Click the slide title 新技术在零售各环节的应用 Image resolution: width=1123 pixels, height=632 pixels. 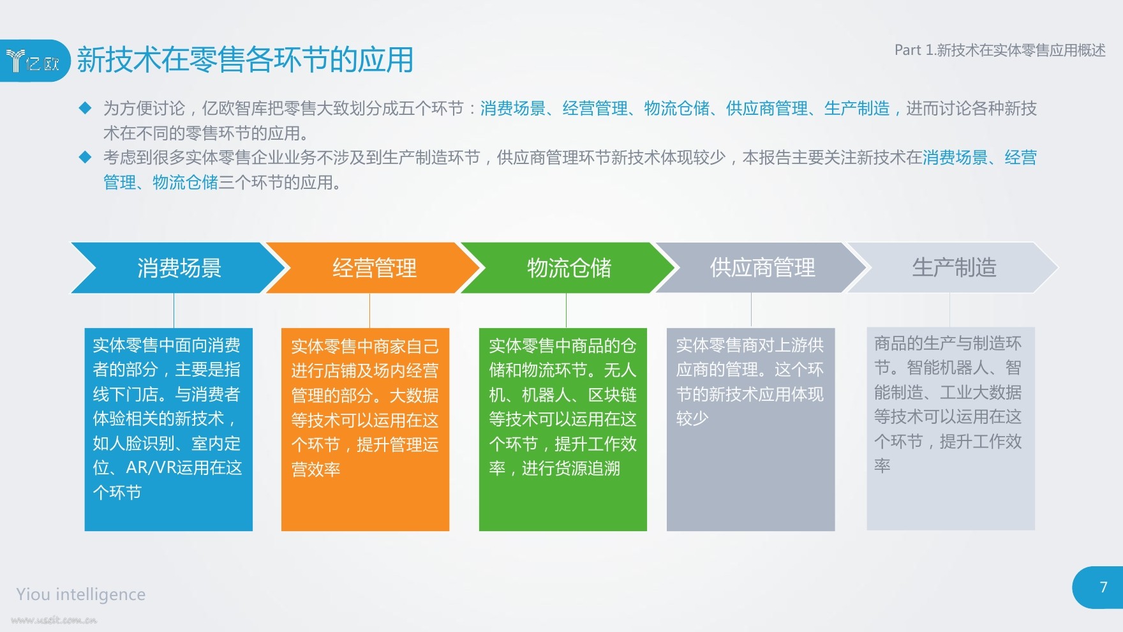pyautogui.click(x=245, y=60)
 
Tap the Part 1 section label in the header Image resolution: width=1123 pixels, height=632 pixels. pyautogui.click(x=1000, y=50)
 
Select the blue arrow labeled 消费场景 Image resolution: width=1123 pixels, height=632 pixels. pyautogui.click(x=179, y=267)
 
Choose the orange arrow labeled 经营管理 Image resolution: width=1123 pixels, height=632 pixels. pyautogui.click(x=373, y=267)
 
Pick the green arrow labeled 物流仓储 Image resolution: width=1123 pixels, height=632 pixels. pyautogui.click(x=569, y=267)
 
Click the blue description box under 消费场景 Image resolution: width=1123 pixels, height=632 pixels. pyautogui.click(x=168, y=429)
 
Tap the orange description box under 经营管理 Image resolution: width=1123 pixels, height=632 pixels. pyautogui.click(x=365, y=429)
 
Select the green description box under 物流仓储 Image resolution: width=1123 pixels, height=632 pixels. pyautogui.click(x=563, y=429)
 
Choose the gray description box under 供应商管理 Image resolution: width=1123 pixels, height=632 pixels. pyautogui.click(x=750, y=429)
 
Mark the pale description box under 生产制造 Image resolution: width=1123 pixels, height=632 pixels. pyautogui.click(x=951, y=429)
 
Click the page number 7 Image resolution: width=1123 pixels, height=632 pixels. pyautogui.click(x=1104, y=587)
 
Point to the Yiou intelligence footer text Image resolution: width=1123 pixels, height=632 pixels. pyautogui.click(x=81, y=594)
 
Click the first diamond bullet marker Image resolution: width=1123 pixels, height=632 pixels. pyautogui.click(x=85, y=108)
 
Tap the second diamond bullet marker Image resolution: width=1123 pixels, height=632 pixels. pyautogui.click(x=85, y=157)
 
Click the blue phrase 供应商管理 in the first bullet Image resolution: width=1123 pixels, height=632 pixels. pyautogui.click(x=767, y=109)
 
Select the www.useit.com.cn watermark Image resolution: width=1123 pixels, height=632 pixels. pyautogui.click(x=54, y=620)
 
